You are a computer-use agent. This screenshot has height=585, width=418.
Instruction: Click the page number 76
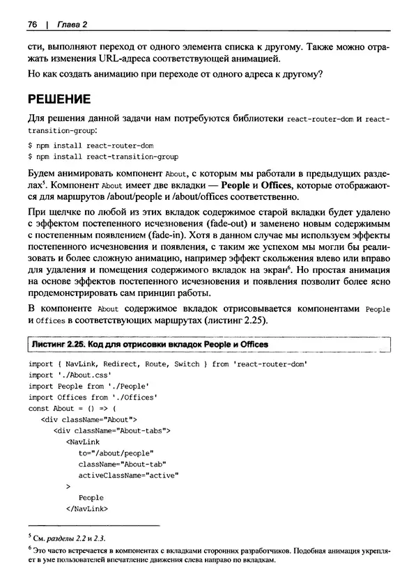click(32, 25)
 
